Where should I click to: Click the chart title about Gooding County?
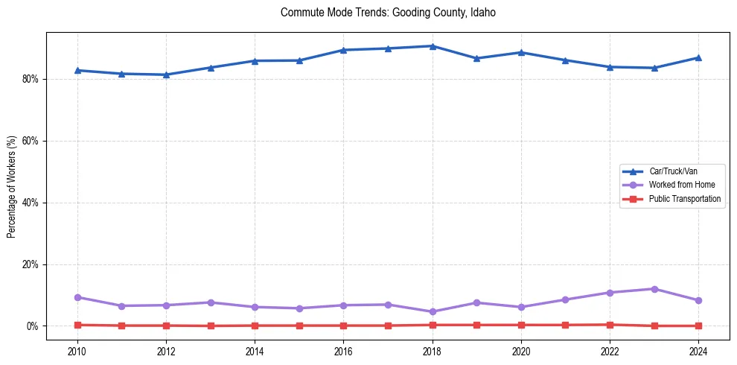388,13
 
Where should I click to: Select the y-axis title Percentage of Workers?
11,187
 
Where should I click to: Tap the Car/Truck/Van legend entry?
673,171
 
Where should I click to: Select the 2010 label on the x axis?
77,350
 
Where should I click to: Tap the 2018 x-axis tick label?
433,350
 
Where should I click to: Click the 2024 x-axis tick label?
698,350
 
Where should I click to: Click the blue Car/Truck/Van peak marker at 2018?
433,46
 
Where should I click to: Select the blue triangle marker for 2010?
77,70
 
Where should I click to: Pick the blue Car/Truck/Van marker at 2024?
698,57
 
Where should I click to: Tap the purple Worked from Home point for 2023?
654,289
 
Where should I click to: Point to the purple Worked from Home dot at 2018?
433,311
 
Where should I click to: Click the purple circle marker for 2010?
77,297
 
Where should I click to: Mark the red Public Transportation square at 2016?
343,326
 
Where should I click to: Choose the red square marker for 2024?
698,326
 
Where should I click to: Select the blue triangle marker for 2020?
521,52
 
